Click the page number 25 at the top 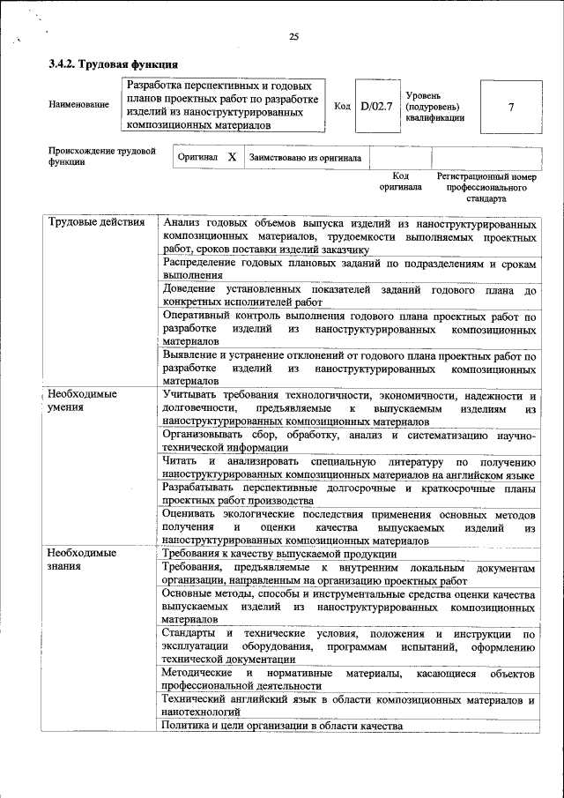click(293, 36)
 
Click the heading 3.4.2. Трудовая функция click(114, 64)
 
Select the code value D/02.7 click(376, 107)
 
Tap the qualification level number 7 click(510, 107)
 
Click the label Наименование click(79, 105)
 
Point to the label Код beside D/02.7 click(343, 106)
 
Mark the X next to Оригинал click(232, 157)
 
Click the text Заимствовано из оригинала click(306, 158)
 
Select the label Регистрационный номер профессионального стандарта click(486, 187)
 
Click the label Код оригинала click(401, 182)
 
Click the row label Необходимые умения click(83, 401)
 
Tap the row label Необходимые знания click(82, 560)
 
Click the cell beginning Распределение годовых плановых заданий click(349, 270)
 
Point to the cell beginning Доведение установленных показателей click(349, 296)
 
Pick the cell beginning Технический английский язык click(349, 705)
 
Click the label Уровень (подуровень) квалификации click(435, 106)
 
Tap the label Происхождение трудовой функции click(96, 156)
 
